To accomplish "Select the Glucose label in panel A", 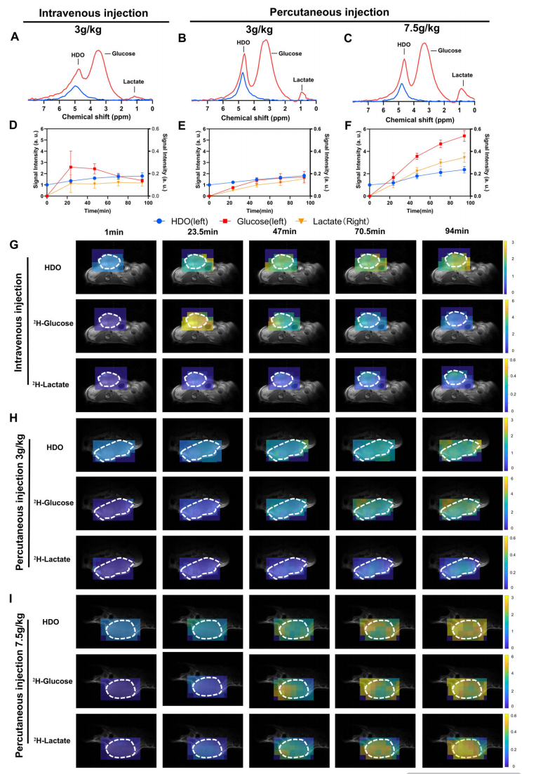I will [x=124, y=53].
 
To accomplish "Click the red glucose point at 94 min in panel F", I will [x=464, y=136].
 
